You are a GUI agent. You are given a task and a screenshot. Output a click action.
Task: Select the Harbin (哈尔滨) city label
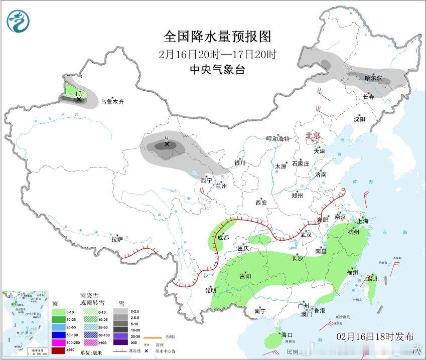(x=373, y=78)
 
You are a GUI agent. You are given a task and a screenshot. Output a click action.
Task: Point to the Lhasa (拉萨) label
(x=117, y=239)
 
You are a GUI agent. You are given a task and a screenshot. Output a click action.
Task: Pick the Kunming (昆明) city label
(x=211, y=290)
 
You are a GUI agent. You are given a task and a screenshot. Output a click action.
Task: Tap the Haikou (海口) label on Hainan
(x=287, y=334)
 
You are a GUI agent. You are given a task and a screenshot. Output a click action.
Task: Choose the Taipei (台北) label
(x=372, y=279)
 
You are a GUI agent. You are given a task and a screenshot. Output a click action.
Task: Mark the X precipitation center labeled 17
(x=78, y=99)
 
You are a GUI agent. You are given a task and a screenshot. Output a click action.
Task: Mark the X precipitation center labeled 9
(x=167, y=144)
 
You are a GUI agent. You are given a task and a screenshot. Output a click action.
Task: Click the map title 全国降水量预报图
(x=217, y=37)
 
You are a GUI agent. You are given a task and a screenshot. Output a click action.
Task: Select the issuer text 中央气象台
(x=217, y=70)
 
